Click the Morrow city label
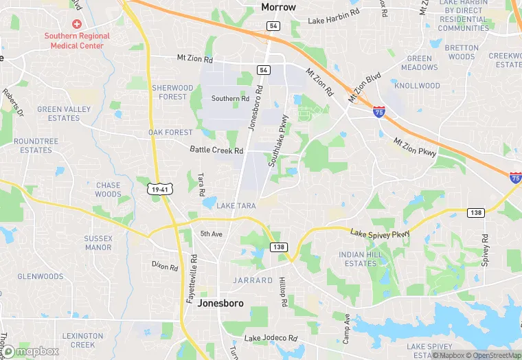coord(278,8)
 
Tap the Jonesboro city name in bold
coord(219,302)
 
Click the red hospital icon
coord(77,24)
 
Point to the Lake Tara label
coord(236,206)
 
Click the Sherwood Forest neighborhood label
coord(172,92)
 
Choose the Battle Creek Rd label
coord(216,150)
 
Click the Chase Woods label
coord(108,190)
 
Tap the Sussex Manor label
coord(98,243)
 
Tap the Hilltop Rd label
coord(282,287)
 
